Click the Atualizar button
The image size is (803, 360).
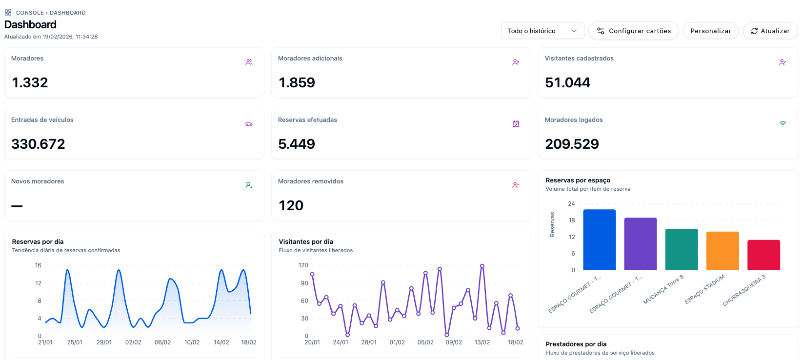770,31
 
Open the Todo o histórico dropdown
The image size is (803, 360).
542,31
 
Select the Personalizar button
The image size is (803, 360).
710,31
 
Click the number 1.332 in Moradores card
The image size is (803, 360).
30,82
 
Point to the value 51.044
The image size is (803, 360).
567,82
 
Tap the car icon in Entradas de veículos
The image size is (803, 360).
249,124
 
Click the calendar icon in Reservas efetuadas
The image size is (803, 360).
516,124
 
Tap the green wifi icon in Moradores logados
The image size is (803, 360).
783,124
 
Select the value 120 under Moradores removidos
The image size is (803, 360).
291,205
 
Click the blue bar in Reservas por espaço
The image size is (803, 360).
599,240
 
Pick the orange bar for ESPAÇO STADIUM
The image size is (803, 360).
723,251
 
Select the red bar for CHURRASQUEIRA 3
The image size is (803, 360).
763,255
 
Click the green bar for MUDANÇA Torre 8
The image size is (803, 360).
682,250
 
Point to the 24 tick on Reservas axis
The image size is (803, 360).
571,204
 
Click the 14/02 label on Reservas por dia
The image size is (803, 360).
221,342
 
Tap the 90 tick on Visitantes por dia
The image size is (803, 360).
304,283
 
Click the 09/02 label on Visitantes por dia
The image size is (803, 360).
454,342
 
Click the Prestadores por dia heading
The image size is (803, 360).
576,344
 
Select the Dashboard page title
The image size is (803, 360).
30,24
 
